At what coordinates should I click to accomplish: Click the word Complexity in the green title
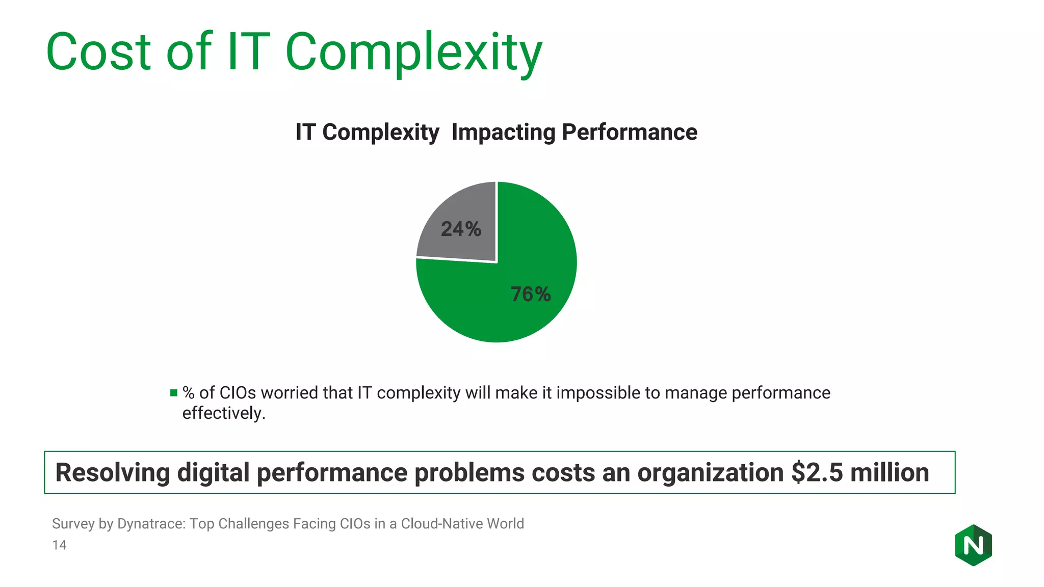[x=413, y=52]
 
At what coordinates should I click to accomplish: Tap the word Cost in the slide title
[x=98, y=52]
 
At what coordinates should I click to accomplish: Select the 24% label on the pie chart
[x=461, y=229]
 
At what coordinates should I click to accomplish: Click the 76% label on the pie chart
[x=531, y=295]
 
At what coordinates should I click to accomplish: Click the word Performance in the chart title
[x=629, y=132]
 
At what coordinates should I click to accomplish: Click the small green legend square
[x=174, y=393]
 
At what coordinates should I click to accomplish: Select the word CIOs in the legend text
[x=238, y=393]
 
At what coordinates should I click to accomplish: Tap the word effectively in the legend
[x=223, y=413]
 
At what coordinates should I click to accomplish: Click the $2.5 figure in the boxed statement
[x=817, y=472]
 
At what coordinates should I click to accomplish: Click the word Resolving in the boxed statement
[x=112, y=472]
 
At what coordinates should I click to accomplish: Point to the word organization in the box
[x=710, y=472]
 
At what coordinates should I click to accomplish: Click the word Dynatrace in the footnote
[x=151, y=524]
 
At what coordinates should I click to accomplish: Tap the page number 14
[x=59, y=545]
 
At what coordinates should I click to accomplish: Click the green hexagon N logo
[x=973, y=545]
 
